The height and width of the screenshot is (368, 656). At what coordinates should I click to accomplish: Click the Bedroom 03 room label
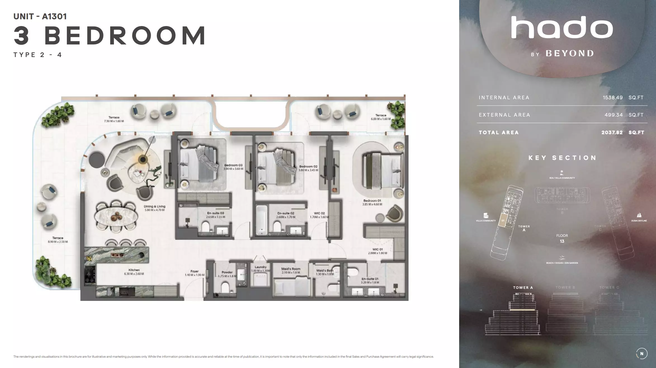233,165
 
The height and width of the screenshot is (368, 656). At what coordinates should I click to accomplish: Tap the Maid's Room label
291,269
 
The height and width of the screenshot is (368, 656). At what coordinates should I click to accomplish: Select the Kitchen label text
134,270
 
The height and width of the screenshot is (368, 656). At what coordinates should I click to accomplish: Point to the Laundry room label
261,267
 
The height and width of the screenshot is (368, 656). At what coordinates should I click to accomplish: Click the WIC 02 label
319,213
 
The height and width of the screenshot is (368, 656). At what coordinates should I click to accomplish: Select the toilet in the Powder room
225,287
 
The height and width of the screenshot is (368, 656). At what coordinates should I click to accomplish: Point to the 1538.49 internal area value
612,98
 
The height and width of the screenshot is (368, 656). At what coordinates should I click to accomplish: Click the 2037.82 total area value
612,133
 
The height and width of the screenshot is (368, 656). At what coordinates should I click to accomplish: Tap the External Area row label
504,115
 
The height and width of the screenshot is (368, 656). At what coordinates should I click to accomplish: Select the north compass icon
641,353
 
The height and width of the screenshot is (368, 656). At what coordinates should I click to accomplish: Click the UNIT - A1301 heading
40,16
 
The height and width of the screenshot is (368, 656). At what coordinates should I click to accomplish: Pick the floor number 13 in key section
562,241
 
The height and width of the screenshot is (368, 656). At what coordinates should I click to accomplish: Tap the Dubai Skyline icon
639,215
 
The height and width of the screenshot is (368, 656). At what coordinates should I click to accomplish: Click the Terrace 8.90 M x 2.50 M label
58,240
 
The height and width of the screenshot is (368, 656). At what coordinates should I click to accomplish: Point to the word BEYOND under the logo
570,53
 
